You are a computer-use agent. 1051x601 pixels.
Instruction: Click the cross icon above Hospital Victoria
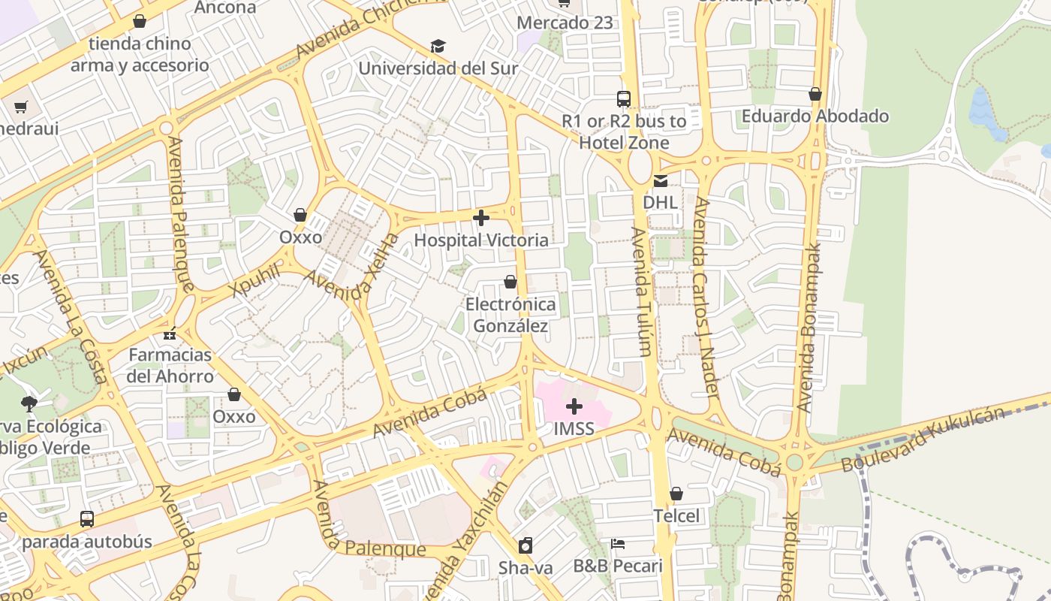[x=481, y=219]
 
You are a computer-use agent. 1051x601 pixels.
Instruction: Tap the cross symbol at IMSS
[x=574, y=407]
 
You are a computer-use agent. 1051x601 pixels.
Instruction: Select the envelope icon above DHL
[x=660, y=180]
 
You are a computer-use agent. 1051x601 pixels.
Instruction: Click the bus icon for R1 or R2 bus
[x=624, y=98]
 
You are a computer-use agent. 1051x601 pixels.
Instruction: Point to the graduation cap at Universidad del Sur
[x=438, y=47]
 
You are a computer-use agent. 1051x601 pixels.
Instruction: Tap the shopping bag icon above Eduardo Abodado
[x=815, y=94]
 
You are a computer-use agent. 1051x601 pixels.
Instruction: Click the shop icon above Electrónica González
[x=510, y=282]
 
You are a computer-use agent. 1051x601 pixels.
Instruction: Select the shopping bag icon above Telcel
[x=676, y=494]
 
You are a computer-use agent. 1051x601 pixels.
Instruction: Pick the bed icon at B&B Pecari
[x=618, y=543]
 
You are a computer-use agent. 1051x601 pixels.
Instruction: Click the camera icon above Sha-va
[x=525, y=545]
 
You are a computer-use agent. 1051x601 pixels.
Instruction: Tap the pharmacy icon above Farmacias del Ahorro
[x=170, y=332]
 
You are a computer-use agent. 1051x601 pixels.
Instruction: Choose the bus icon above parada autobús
[x=87, y=518]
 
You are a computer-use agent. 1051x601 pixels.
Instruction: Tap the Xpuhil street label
[x=256, y=280]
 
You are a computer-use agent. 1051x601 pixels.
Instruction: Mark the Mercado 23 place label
[x=565, y=23]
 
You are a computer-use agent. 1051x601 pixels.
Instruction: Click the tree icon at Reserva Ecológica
[x=29, y=404]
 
